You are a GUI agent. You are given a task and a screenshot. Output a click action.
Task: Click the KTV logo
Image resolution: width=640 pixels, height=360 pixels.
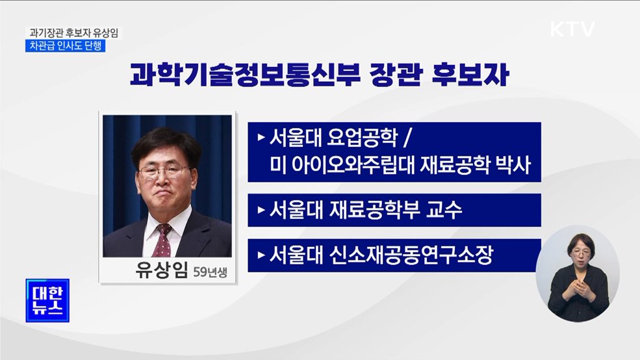[572, 29]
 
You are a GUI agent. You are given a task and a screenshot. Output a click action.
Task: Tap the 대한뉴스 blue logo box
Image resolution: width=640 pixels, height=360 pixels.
[47, 300]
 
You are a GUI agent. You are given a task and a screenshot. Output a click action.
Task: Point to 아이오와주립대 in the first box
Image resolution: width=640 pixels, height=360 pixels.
[351, 167]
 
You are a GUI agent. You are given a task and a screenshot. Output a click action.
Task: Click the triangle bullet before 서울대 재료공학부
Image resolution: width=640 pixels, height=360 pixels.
[261, 210]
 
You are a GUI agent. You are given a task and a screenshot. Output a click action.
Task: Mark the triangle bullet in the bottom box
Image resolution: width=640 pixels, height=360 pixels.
[261, 255]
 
